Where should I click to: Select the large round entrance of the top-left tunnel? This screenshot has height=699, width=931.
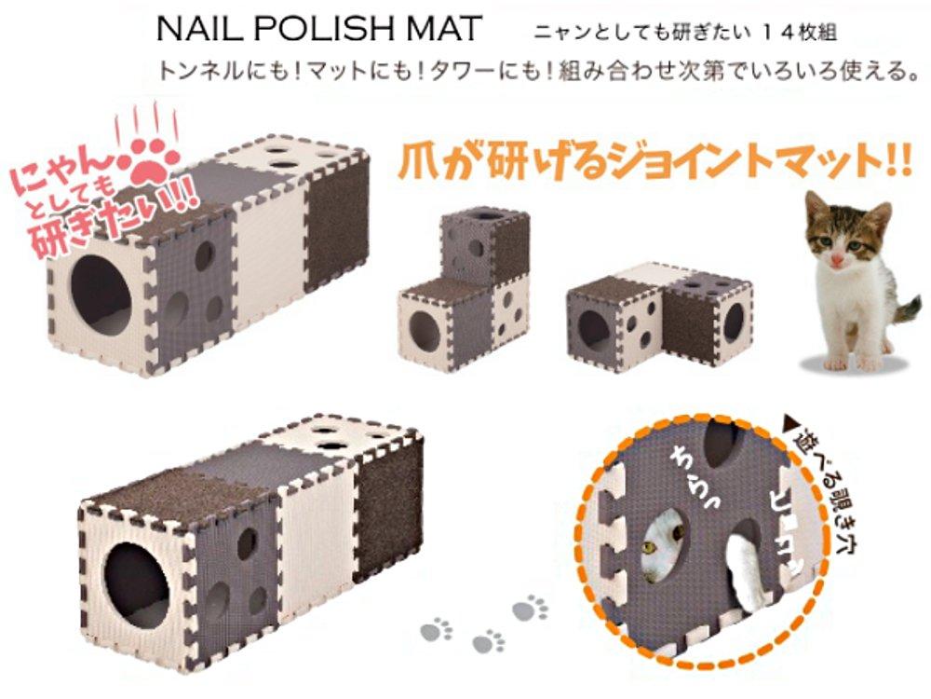(x=101, y=296)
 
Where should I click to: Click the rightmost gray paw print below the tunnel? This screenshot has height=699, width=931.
(x=530, y=609)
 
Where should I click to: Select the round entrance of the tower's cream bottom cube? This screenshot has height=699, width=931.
(x=424, y=327)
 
